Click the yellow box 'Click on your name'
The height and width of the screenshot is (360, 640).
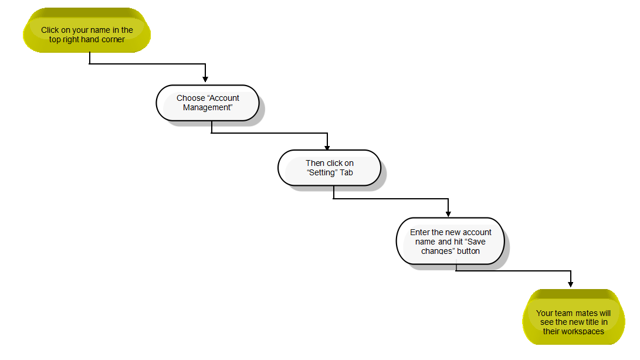coord(87,30)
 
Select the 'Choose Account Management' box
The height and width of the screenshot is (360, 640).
coord(208,103)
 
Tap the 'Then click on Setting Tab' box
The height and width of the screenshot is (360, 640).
coord(330,168)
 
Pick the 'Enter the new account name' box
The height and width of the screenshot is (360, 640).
coord(450,241)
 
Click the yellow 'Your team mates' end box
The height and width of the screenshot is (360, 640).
coord(574,317)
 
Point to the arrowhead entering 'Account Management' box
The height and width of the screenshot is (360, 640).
coord(205,79)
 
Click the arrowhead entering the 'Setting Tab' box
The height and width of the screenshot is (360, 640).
coord(327,147)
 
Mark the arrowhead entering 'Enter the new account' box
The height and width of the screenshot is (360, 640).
coord(448,214)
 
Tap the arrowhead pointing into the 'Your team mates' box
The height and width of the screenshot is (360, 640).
coord(571,284)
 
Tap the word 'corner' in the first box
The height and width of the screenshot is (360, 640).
coord(113,40)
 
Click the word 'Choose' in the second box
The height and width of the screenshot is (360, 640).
coord(191,98)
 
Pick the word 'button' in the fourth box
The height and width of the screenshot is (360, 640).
coord(468,251)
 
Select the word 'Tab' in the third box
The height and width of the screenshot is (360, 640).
coord(346,172)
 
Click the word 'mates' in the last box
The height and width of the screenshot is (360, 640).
coord(587,313)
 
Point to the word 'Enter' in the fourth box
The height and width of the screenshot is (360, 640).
coord(419,232)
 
